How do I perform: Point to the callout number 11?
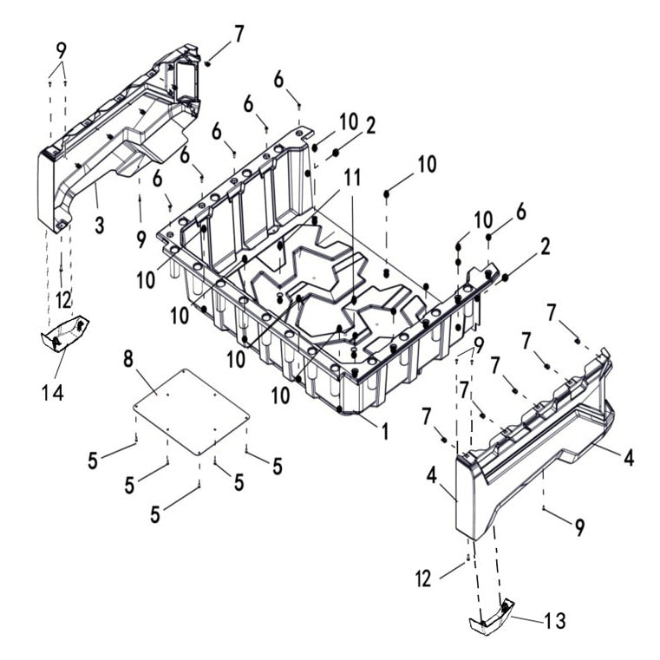[x=351, y=177]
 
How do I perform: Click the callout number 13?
[x=554, y=621]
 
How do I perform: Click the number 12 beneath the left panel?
[x=63, y=299]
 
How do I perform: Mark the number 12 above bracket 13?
[x=422, y=579]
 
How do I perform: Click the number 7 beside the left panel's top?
[x=239, y=35]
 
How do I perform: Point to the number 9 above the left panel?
[x=61, y=49]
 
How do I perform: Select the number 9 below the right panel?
[x=579, y=526]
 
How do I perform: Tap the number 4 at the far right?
[x=628, y=457]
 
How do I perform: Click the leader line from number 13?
[x=524, y=618]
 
